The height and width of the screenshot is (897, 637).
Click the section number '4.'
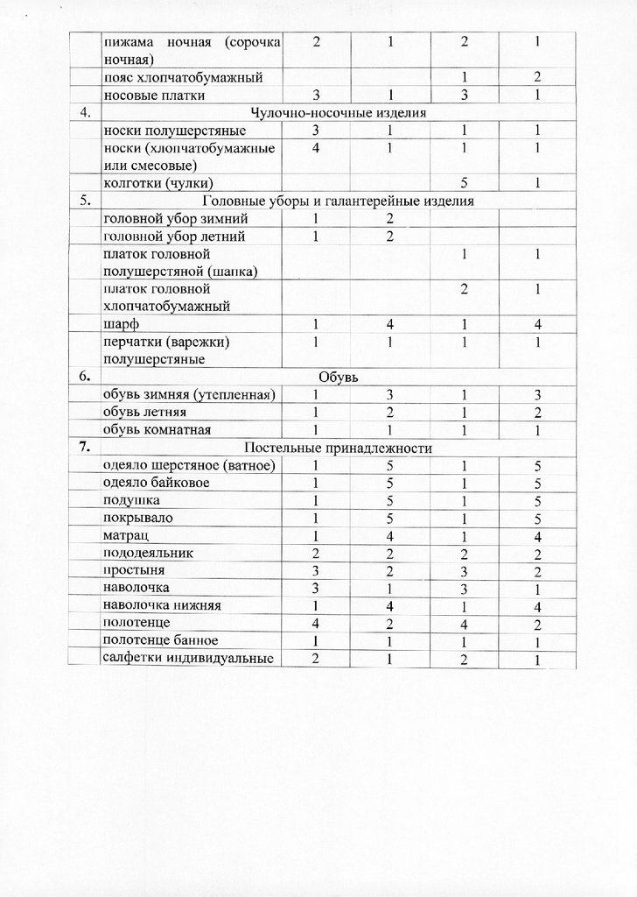point(85,112)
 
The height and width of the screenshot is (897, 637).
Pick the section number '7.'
point(85,447)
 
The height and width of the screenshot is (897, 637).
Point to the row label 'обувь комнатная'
point(157,429)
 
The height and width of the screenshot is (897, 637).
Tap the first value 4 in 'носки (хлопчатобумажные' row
point(315,148)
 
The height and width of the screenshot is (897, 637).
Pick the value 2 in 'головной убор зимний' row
point(390,218)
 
